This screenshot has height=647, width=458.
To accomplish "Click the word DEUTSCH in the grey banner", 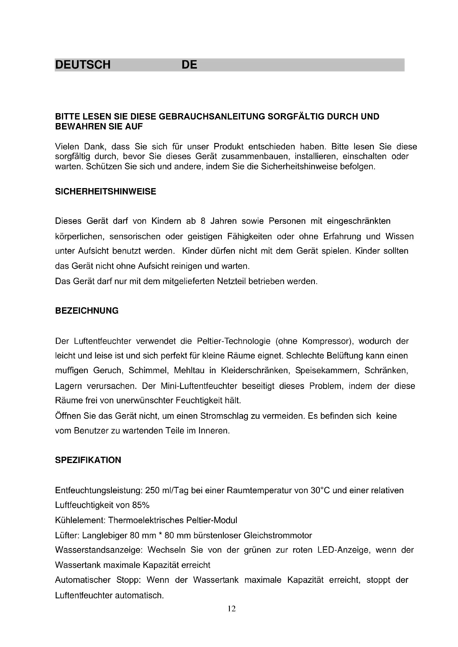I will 83,65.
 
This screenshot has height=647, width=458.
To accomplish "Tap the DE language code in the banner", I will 189,65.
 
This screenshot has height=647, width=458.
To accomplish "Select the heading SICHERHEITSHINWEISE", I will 106,192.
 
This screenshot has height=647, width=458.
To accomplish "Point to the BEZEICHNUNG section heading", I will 87,311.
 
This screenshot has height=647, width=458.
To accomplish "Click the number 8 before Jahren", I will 203,221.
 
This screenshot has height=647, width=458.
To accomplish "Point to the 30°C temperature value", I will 320,491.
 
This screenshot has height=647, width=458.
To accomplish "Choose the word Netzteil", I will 231,281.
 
